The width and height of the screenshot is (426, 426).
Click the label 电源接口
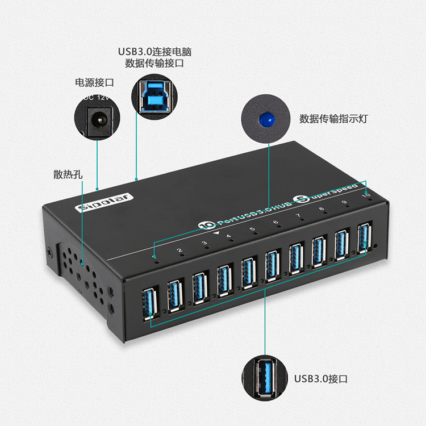tap(95, 82)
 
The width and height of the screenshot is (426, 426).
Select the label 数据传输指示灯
tap(334, 119)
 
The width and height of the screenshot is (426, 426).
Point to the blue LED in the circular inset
tap(264, 120)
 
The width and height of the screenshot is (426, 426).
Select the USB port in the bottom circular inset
tap(265, 377)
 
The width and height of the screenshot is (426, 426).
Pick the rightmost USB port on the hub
tap(364, 238)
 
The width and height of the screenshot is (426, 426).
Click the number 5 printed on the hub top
tap(252, 229)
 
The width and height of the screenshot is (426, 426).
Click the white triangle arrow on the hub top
tap(216, 231)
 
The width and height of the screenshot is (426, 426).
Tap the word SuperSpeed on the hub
tap(332, 191)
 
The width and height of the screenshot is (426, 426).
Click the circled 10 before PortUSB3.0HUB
tap(203, 225)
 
